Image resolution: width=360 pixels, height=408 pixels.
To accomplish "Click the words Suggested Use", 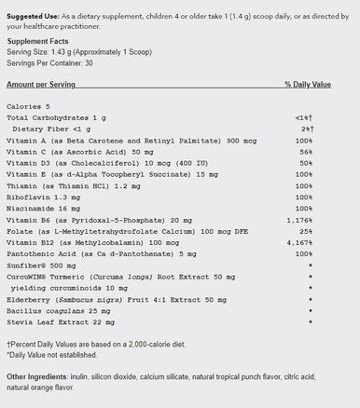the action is pos(31,7).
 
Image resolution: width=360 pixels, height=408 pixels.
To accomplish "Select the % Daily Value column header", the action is pos(307,84).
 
